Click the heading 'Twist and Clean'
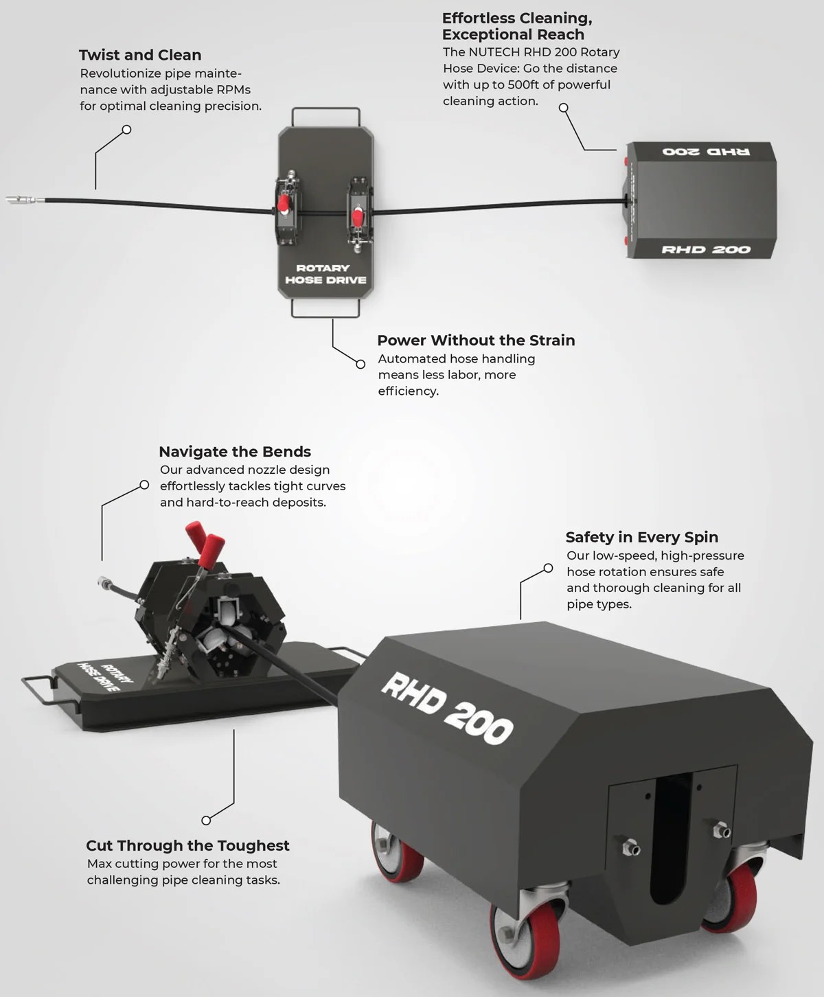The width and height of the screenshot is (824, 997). [140, 55]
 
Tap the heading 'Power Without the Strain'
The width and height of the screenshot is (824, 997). [476, 341]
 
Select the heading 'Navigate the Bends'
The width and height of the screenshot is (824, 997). [235, 452]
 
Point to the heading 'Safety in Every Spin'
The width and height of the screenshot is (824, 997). [641, 538]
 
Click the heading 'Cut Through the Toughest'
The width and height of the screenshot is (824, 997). [187, 846]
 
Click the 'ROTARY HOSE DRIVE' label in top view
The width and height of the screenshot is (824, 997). [325, 274]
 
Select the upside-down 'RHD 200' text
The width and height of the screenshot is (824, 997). [706, 151]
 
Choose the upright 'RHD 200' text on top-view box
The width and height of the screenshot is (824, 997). [706, 249]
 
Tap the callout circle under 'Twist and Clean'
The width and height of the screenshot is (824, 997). [126, 130]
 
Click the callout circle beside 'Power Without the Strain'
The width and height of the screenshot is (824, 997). [360, 364]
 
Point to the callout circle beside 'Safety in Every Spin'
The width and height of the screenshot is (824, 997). [548, 569]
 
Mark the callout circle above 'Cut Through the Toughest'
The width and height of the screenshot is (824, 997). [206, 820]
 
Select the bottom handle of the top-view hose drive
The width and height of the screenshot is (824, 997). [325, 315]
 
